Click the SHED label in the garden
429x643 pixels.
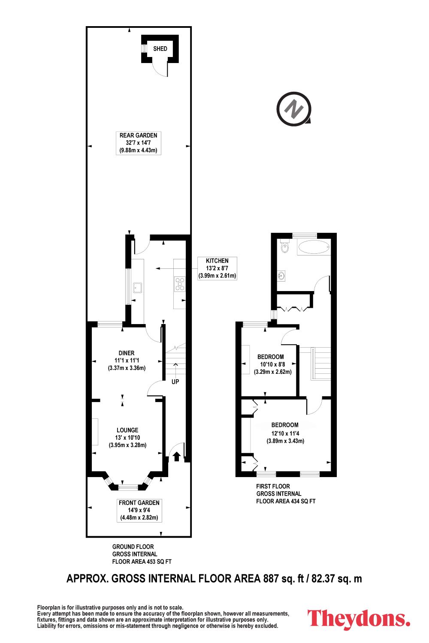(x=160, y=49)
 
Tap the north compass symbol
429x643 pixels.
(x=294, y=109)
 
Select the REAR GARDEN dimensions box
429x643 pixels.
(x=139, y=143)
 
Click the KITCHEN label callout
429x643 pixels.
(x=217, y=268)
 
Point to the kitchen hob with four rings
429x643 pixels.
(x=180, y=284)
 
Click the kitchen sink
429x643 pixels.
(x=138, y=287)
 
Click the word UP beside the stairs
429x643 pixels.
(x=175, y=382)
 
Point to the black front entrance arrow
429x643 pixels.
(x=177, y=457)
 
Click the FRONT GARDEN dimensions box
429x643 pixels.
(x=139, y=510)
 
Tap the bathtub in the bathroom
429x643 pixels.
(x=314, y=247)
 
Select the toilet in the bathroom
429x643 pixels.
(x=284, y=246)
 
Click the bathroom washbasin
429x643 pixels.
(x=281, y=276)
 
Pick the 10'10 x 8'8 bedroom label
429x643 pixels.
(x=273, y=364)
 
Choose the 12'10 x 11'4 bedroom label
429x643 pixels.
(x=285, y=433)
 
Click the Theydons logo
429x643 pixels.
(x=359, y=619)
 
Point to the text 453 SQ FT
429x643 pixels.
(x=159, y=562)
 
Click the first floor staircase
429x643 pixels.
(x=321, y=364)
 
